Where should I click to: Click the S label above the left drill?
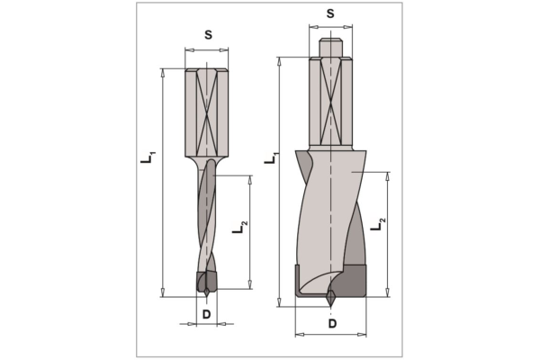click(208, 35)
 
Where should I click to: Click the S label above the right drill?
click(330, 13)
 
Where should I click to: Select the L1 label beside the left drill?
click(148, 157)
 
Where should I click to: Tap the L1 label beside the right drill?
click(272, 157)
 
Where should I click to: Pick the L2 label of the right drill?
click(378, 224)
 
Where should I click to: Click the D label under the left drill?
click(206, 314)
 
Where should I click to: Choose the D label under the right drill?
click(332, 323)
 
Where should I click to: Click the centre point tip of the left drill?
click(206, 296)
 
